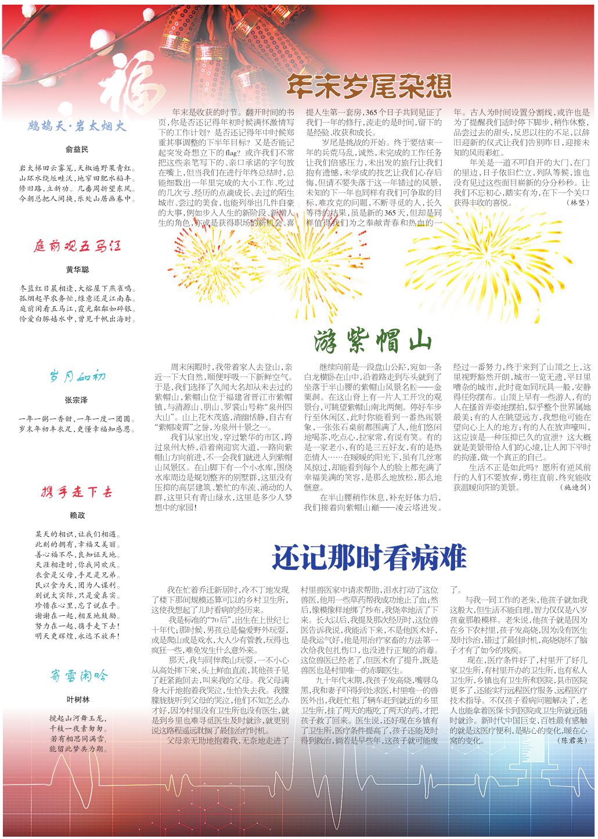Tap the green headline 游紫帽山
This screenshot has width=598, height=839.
coord(373,341)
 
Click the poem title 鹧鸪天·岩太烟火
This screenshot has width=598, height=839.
coord(77,126)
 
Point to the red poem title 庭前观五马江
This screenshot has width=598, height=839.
coord(77,246)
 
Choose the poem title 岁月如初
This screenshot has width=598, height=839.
coord(77,377)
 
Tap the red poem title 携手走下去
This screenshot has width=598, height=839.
coord(77,492)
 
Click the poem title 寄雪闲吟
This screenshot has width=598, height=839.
coord(78,676)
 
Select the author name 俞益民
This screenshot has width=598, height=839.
coord(77,149)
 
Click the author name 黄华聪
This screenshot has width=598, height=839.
coord(77,270)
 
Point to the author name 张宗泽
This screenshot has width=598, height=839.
coord(77,400)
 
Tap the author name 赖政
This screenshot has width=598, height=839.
coord(77,515)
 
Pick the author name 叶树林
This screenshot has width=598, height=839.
coord(78,700)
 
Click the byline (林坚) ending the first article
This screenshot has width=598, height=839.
coord(577,203)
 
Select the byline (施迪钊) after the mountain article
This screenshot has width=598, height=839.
coord(575,487)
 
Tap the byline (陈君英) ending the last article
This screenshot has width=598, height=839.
coord(572,740)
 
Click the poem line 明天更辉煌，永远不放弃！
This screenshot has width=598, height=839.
coord(77,636)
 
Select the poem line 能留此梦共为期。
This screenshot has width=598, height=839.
coord(78,749)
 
